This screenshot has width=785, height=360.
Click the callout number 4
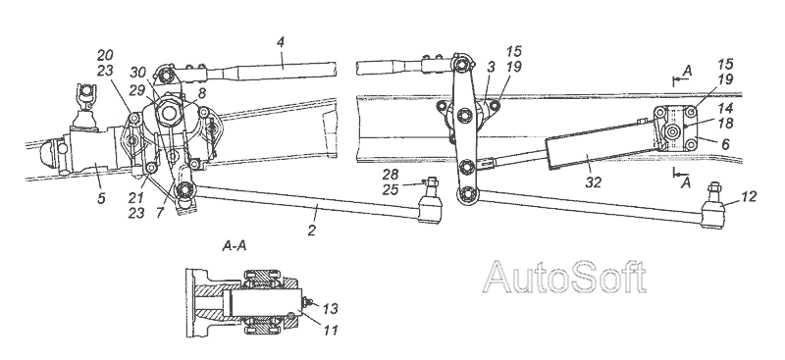(281, 42)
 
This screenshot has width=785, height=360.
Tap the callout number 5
(101, 198)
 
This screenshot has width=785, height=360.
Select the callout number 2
(312, 231)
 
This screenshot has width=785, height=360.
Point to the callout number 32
(594, 182)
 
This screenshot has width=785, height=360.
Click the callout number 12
(749, 196)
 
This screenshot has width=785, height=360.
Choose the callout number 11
(330, 330)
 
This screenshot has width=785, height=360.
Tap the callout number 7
(160, 213)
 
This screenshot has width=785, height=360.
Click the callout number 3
(492, 67)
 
